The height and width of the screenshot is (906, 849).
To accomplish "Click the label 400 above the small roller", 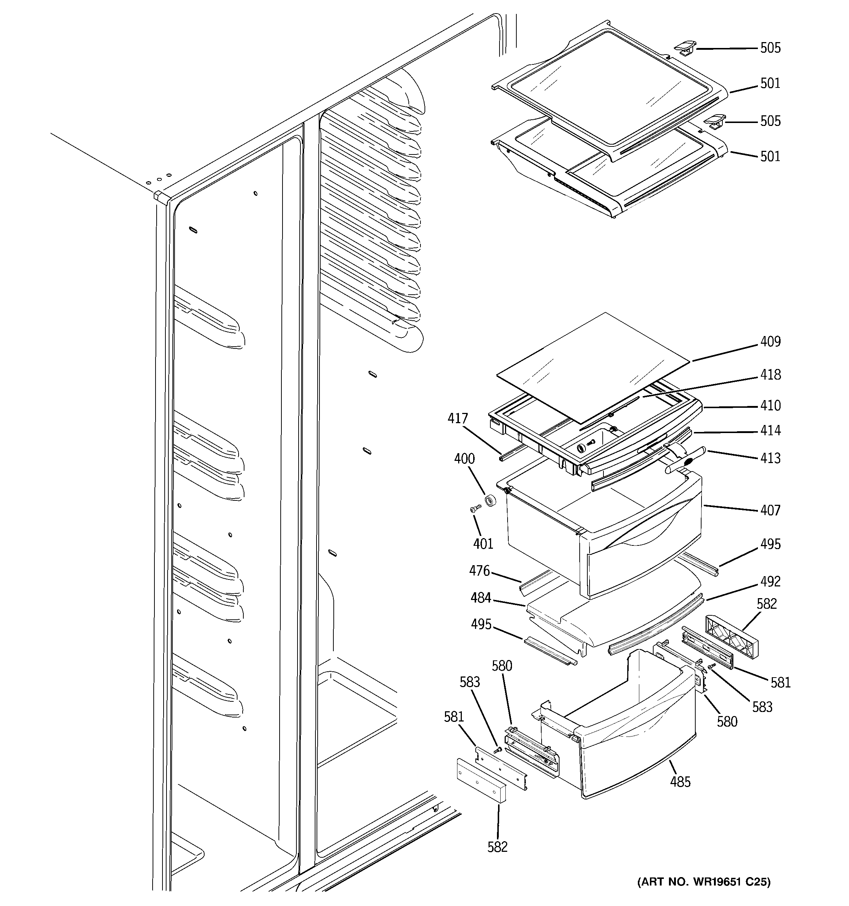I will tap(464, 458).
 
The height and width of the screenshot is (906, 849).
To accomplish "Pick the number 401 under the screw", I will tap(483, 544).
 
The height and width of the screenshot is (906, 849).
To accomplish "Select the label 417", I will tap(457, 418).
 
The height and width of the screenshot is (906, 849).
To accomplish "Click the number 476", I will tap(479, 571).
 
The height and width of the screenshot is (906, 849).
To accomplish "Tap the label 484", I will tap(481, 597).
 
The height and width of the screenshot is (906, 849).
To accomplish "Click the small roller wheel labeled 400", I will tap(490, 500).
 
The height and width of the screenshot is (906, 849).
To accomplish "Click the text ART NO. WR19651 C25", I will tap(704, 881).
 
